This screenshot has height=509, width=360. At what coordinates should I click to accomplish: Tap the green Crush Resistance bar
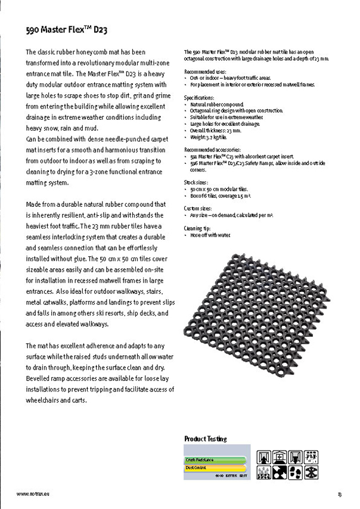point(209,460)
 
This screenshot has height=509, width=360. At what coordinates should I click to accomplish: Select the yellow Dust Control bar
point(206,468)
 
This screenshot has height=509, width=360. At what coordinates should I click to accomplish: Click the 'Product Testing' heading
point(205,439)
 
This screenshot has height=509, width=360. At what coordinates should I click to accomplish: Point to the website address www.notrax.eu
point(32,494)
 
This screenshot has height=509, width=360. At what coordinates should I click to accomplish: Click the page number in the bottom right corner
point(339,494)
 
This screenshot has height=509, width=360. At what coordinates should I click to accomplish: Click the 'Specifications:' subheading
point(199,97)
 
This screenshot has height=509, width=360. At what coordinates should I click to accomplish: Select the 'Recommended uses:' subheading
point(203,72)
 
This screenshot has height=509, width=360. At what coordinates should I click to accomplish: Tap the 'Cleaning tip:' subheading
point(198,228)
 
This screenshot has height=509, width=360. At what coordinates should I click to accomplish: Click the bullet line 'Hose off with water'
point(210,235)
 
